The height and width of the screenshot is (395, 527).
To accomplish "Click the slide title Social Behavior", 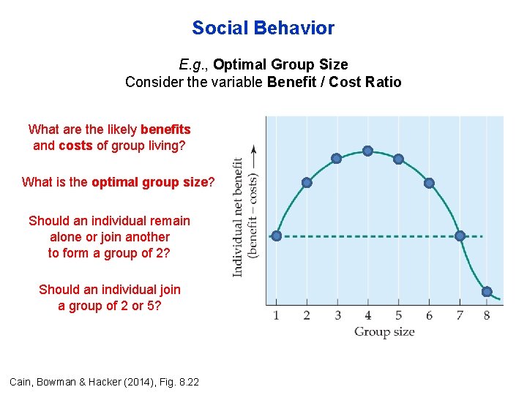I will click(263, 29).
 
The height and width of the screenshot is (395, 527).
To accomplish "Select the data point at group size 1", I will click(276, 236).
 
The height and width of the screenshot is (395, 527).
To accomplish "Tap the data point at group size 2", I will click(307, 183).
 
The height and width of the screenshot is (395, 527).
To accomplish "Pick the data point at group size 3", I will click(337, 158).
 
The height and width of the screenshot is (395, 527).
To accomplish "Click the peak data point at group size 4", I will click(367, 151).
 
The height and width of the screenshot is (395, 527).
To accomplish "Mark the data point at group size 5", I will click(398, 159).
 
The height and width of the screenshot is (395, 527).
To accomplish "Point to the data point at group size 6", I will click(429, 183).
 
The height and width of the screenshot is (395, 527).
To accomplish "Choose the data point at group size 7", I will click(460, 236).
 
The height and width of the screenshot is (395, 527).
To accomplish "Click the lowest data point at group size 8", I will click(487, 291).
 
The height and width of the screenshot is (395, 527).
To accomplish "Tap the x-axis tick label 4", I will click(367, 315).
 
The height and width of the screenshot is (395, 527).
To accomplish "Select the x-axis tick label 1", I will click(276, 315).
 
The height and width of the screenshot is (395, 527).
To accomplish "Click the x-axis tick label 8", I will click(487, 315).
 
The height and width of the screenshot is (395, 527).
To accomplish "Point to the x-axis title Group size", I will click(384, 332).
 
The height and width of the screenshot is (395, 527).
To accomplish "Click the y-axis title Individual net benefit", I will click(239, 217).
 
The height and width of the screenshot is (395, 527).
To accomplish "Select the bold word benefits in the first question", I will click(165, 129).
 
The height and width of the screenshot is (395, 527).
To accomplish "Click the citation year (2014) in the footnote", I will click(133, 382).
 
